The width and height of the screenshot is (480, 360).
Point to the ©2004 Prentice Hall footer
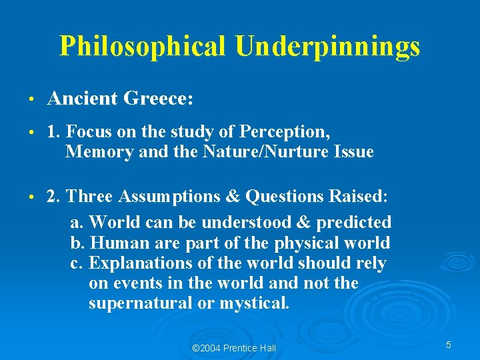click(x=233, y=348)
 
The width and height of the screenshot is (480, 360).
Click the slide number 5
click(x=449, y=345)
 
